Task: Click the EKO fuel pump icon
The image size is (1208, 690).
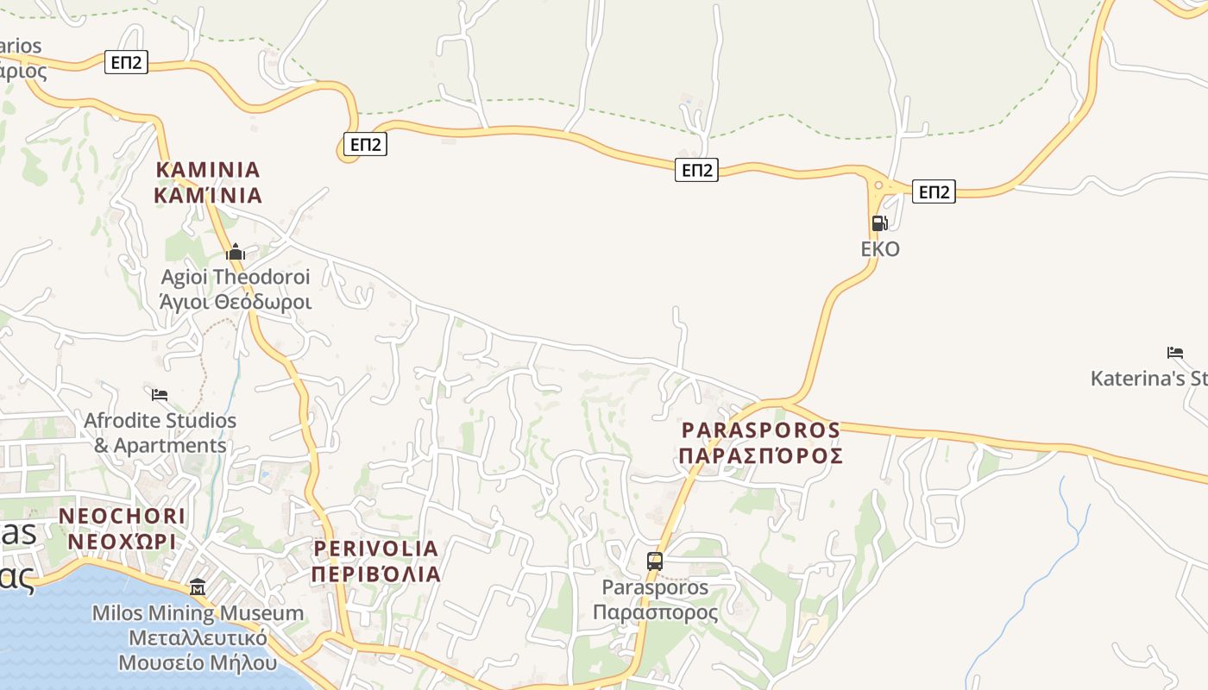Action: coord(879,223)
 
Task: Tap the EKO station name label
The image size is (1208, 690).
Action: coord(880,249)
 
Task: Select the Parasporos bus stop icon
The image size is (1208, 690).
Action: coord(655,561)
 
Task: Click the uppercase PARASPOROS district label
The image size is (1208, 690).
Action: coord(760,430)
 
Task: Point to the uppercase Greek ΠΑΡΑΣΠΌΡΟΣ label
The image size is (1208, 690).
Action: coord(760,455)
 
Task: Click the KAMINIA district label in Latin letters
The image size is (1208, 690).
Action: coord(208,169)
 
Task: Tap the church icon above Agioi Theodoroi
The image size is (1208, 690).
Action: coord(236,253)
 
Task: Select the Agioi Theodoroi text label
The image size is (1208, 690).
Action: coord(236,278)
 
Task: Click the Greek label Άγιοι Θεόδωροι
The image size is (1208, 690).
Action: coord(236,302)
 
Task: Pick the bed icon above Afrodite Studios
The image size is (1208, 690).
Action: coord(160,395)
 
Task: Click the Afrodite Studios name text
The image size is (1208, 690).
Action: coord(160,421)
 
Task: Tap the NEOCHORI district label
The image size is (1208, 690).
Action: coord(122,516)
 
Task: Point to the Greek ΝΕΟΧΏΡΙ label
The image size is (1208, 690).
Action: coord(122,542)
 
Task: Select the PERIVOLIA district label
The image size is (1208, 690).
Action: coord(376,548)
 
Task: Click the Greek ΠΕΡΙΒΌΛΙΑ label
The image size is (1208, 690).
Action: coord(376,574)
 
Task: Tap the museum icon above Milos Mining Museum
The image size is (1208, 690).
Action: coord(198,587)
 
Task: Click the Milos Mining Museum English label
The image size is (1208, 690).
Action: coord(198,613)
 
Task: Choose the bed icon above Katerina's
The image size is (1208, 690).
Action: coord(1174,352)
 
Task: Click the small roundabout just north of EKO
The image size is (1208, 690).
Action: coord(878,184)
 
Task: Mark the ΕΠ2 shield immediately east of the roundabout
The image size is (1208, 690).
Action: coord(934,191)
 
